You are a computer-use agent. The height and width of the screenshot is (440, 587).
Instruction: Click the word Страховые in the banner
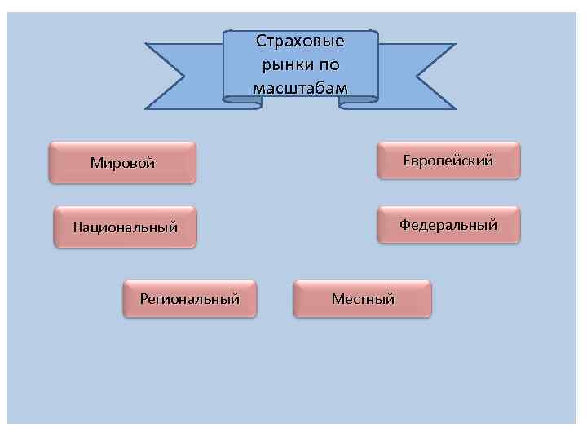point(300,41)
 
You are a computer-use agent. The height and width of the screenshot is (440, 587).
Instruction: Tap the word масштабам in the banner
point(300,87)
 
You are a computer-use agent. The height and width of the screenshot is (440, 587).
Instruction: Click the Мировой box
point(122,162)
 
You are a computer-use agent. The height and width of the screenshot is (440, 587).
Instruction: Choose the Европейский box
point(448,161)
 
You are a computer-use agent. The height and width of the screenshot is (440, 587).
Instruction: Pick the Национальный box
point(125,226)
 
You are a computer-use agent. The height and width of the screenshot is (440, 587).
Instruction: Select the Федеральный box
point(448,225)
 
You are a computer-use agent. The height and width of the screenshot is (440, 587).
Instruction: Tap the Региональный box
point(189,299)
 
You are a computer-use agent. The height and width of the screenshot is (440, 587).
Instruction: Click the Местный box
point(362,299)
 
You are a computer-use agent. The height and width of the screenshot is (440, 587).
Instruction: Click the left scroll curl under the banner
point(241,101)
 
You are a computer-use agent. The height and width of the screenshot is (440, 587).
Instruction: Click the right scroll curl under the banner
point(359,101)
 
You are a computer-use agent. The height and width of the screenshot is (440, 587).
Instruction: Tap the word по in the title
point(330,64)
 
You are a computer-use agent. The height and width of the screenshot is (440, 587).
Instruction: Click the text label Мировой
point(122,162)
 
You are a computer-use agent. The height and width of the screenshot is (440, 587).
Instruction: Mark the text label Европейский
point(448,161)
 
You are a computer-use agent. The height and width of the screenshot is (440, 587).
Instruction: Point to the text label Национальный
point(125,227)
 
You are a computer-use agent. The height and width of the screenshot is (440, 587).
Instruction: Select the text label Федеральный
point(448,225)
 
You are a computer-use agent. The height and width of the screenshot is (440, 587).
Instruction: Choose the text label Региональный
point(189,299)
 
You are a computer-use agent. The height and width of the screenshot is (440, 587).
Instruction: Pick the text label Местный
point(362,299)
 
